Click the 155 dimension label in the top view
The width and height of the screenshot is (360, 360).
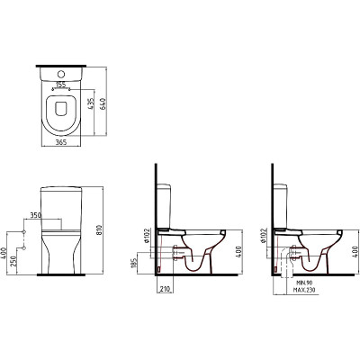coord(61,85)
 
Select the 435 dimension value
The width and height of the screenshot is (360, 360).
coord(92,103)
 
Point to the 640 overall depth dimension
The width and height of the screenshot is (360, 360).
coord(103,103)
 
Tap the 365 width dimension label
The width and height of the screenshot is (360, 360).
coord(61,143)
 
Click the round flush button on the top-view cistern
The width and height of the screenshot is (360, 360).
coord(61,74)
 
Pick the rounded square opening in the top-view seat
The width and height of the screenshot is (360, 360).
coord(61,108)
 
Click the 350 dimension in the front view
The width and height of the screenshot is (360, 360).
coord(35,215)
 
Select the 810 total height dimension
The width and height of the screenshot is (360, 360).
coord(100,230)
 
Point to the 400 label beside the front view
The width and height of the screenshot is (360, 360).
coord(4,254)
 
